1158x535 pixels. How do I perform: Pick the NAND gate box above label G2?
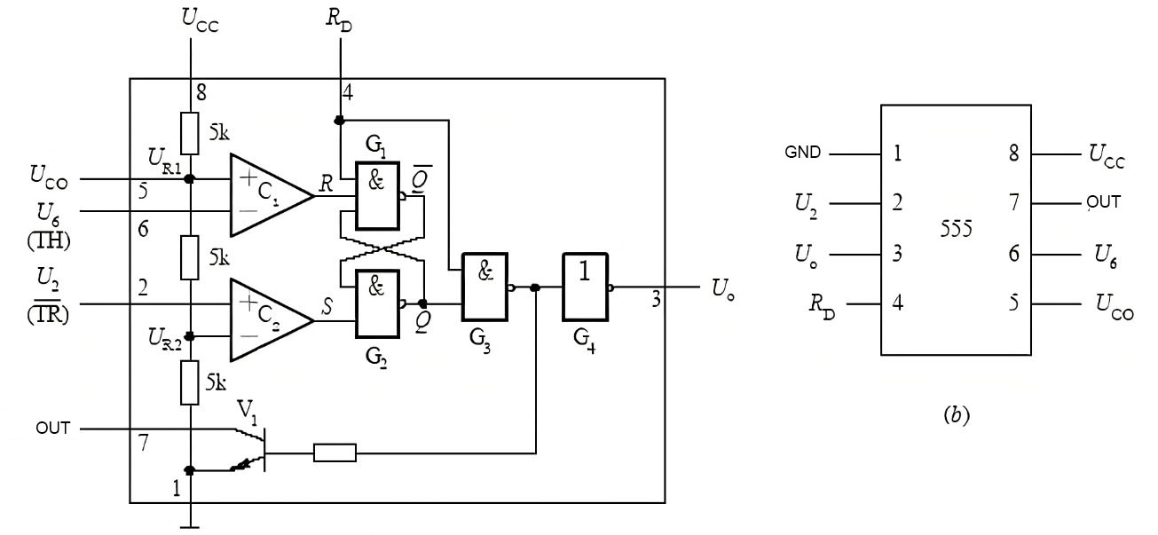pos(378,304)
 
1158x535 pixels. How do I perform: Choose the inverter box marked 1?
pos(586,287)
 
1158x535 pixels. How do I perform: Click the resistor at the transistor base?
pos(335,453)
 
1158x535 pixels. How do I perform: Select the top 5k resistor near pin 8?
pos(190,132)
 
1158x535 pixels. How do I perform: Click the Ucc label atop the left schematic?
pos(199,20)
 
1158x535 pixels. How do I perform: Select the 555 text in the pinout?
pos(957,229)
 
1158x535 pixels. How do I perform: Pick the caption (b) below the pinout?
pos(956,415)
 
